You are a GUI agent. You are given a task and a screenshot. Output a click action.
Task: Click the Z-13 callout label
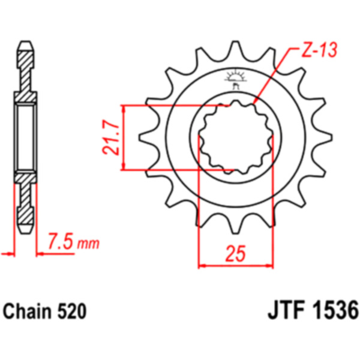(319, 50)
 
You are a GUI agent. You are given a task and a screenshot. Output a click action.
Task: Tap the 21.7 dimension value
(111, 137)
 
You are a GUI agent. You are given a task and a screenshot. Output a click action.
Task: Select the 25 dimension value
(236, 253)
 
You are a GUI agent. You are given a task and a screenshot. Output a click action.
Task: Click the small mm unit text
(88, 244)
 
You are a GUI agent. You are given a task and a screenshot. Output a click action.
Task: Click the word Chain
(28, 311)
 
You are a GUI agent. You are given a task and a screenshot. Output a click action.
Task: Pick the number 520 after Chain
(72, 311)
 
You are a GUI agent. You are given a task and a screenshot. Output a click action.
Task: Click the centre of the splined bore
(236, 137)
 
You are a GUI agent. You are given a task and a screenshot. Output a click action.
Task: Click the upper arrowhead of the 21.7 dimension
(124, 109)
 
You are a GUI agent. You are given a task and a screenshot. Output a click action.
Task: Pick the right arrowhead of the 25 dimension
(269, 266)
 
